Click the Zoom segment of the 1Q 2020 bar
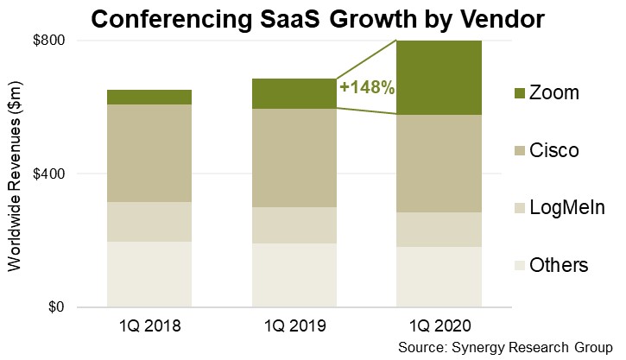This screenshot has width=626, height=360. (439, 78)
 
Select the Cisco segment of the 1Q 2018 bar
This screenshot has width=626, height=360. (149, 153)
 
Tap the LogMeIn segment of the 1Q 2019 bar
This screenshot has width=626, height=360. (294, 224)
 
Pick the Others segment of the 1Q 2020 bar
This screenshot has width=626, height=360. (439, 276)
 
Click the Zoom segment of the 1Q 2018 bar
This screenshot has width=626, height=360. (149, 97)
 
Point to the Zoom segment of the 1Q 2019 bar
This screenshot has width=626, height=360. (294, 93)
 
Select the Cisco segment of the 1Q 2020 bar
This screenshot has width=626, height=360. (439, 163)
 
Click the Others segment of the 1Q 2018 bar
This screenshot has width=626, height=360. (149, 274)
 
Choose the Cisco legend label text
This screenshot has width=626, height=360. (554, 151)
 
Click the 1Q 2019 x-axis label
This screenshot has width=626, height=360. (294, 327)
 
